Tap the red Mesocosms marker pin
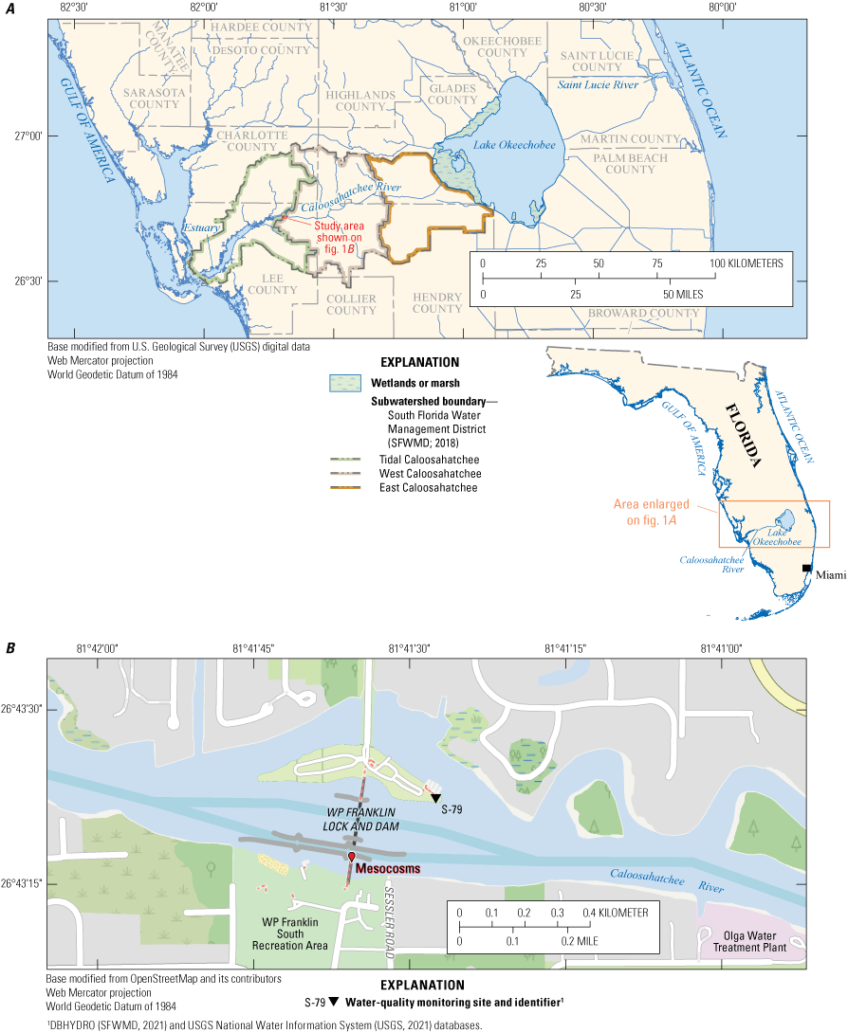click(351, 857)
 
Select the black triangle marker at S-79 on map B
click(435, 798)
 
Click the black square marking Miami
click(807, 568)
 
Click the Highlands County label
click(359, 101)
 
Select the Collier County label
click(351, 304)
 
